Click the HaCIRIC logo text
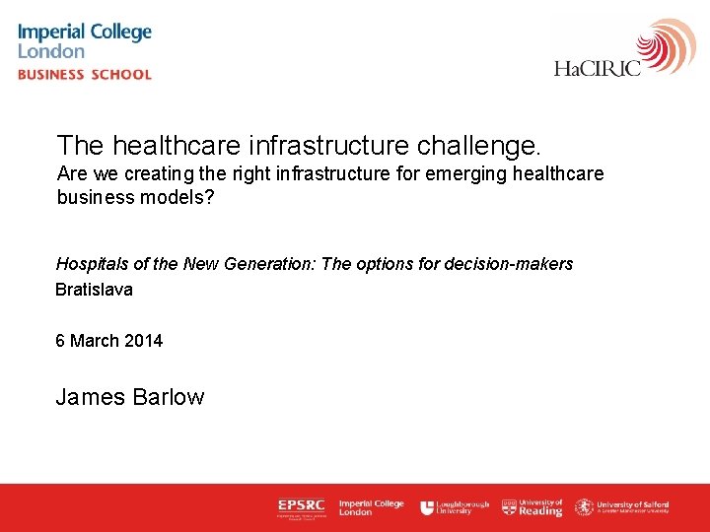click(x=598, y=68)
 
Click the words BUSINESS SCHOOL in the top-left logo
click(x=85, y=75)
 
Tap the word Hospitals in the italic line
click(x=92, y=264)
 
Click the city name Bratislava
click(x=94, y=290)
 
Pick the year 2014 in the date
click(x=144, y=341)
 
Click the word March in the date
click(x=96, y=341)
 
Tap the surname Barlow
click(x=169, y=397)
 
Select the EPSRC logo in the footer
click(x=301, y=507)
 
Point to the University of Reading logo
click(x=532, y=507)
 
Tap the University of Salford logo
click(x=622, y=507)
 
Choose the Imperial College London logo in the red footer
click(x=371, y=507)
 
